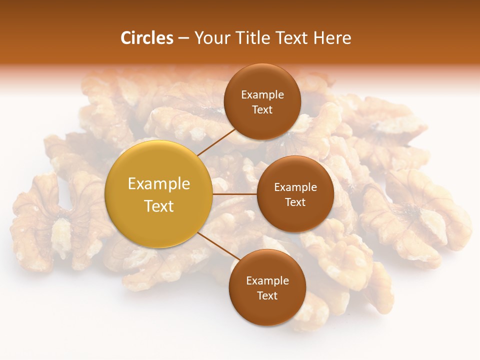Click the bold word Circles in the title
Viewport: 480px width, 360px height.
click(146, 38)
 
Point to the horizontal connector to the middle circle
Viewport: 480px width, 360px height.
click(234, 194)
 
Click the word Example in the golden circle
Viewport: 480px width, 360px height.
click(159, 183)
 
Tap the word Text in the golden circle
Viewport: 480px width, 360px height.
click(159, 206)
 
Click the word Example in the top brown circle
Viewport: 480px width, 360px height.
click(262, 95)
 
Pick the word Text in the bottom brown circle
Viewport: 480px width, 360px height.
click(267, 295)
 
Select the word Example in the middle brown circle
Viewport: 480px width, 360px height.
click(295, 187)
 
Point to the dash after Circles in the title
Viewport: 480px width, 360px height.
click(183, 38)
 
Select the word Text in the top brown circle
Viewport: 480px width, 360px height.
click(262, 109)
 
